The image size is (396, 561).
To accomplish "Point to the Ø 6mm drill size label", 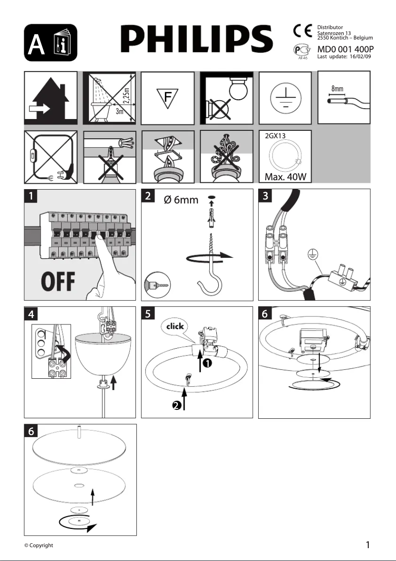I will [181, 200].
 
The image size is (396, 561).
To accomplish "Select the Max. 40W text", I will [285, 177].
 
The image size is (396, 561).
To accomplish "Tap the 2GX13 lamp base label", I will [276, 135].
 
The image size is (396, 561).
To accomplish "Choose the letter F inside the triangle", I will [168, 97].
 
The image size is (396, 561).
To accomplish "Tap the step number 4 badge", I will [31, 313].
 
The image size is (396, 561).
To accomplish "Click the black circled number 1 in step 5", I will [208, 363].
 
